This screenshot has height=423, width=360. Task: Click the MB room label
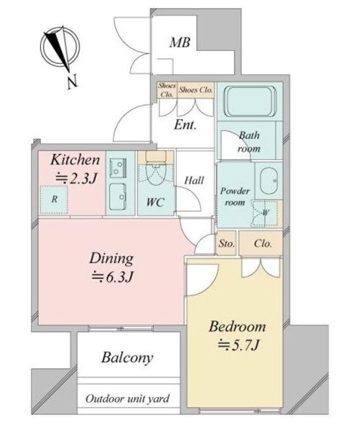tap(180, 42)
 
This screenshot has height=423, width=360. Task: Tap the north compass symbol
tap(60, 48)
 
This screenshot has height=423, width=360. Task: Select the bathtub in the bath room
tap(250, 101)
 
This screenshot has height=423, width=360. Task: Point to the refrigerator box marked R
tap(54, 200)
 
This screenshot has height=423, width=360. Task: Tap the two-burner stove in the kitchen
tap(118, 168)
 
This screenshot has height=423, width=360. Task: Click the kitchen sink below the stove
tap(118, 197)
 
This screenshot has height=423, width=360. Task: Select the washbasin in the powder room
tap(269, 180)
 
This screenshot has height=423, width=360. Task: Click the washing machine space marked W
tap(264, 213)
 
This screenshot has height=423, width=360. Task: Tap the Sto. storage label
tap(227, 244)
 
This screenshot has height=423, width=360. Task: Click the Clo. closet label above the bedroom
tap(263, 244)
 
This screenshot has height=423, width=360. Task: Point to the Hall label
tap(194, 180)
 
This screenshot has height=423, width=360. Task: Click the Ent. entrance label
tap(185, 125)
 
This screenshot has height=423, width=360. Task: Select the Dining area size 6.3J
tap(112, 277)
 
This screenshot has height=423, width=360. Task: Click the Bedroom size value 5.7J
tap(238, 345)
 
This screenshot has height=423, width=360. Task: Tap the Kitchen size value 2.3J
tap(76, 178)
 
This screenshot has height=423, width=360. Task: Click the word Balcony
tap(127, 358)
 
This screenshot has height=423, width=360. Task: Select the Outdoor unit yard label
tap(127, 399)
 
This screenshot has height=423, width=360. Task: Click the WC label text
tap(155, 202)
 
